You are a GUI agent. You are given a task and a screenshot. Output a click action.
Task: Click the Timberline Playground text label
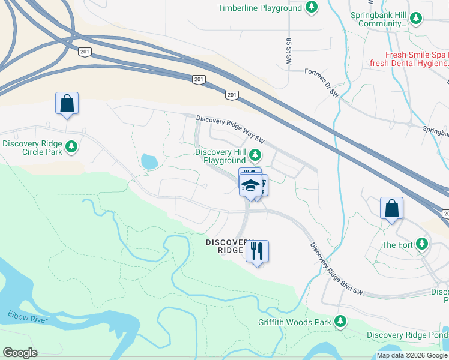(x=259, y=8)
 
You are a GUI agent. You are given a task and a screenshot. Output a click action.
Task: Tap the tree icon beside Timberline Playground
(x=311, y=8)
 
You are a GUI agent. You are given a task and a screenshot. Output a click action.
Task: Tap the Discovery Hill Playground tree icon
(x=255, y=156)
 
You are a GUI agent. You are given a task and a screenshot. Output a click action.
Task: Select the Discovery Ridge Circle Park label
(x=33, y=148)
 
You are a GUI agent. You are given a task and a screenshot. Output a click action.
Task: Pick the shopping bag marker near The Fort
(x=391, y=209)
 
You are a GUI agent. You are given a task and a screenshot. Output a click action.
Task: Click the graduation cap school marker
(x=251, y=184)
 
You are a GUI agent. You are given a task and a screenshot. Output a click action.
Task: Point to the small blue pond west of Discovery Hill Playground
(x=148, y=161)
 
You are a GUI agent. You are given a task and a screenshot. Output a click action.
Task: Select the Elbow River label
(x=28, y=317)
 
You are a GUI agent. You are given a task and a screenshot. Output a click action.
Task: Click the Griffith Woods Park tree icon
(x=341, y=322)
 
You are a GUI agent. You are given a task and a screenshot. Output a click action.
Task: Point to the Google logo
(x=20, y=353)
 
